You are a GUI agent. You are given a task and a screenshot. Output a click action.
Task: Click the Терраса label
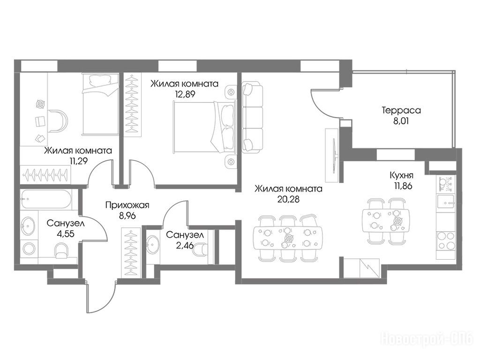click(x=401, y=110)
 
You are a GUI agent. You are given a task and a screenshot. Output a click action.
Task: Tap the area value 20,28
click(x=288, y=199)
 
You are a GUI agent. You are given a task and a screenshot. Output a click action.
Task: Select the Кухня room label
click(x=402, y=175)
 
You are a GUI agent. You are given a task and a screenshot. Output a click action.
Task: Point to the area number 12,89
click(x=185, y=94)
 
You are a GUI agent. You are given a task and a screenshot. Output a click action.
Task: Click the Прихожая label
click(x=127, y=205)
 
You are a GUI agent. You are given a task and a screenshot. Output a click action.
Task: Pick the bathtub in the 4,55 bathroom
click(x=46, y=199)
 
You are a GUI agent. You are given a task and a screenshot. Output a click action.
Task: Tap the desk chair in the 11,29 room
click(x=58, y=121)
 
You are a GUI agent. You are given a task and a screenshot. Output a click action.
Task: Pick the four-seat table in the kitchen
click(x=385, y=221)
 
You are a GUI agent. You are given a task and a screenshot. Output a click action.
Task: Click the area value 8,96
click(x=127, y=216)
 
